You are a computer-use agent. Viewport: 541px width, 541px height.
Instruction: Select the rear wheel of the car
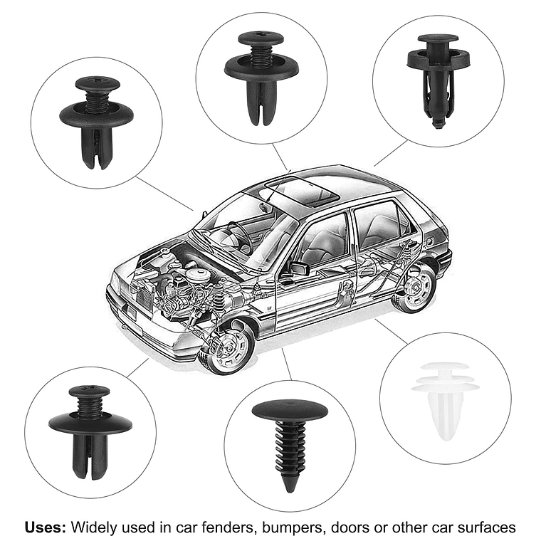click(x=414, y=288)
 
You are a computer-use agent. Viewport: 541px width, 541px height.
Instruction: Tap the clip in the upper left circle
click(x=95, y=122)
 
